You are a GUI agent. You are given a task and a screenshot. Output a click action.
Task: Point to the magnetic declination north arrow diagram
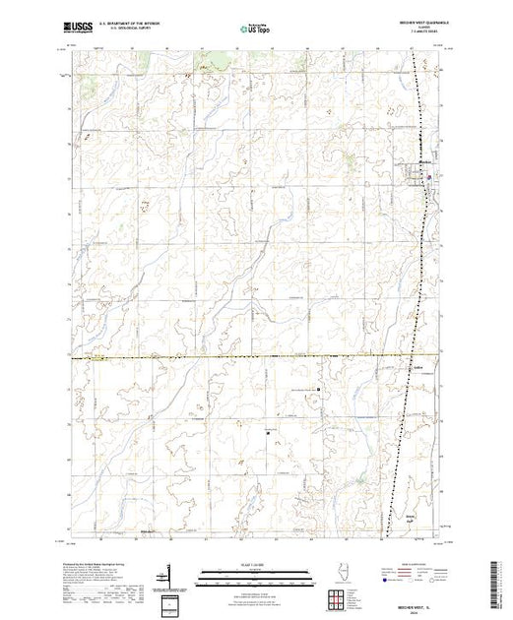coord(173,575)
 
